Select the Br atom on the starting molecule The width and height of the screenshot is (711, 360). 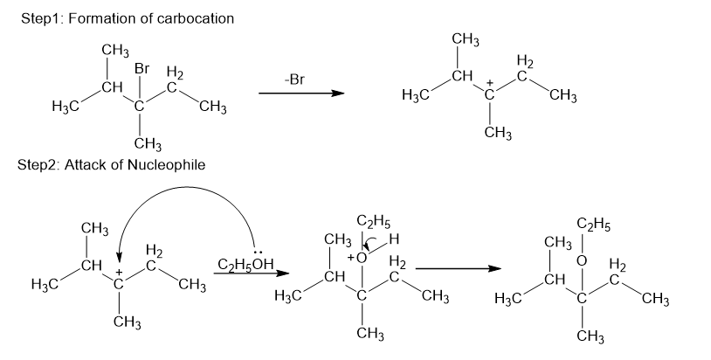(x=142, y=68)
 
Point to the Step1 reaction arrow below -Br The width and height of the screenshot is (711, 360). (x=297, y=93)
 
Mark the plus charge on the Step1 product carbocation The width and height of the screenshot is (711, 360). (x=491, y=84)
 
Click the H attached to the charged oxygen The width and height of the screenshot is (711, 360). (x=394, y=240)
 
